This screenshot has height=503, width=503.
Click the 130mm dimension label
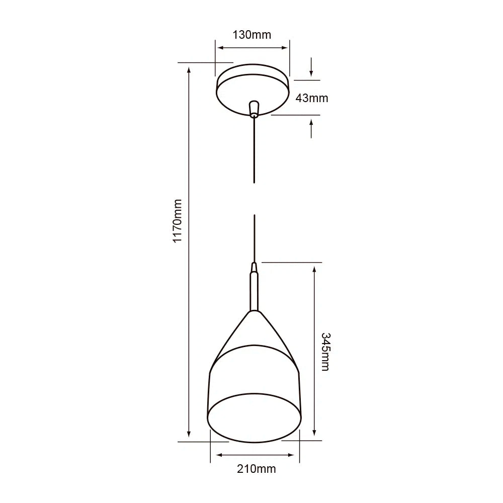click(251, 35)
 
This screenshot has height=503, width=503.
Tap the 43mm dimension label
click(311, 98)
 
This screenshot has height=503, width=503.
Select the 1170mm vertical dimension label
click(177, 221)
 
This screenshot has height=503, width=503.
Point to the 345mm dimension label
click(325, 351)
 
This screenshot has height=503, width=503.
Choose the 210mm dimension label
click(256, 469)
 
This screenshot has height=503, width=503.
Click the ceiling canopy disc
click(253, 89)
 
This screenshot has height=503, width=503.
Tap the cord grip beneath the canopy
click(254, 108)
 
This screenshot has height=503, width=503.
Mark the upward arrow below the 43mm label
click(312, 128)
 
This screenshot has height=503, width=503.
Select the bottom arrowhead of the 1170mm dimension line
click(189, 434)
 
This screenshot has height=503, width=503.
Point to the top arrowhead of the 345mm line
click(314, 269)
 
